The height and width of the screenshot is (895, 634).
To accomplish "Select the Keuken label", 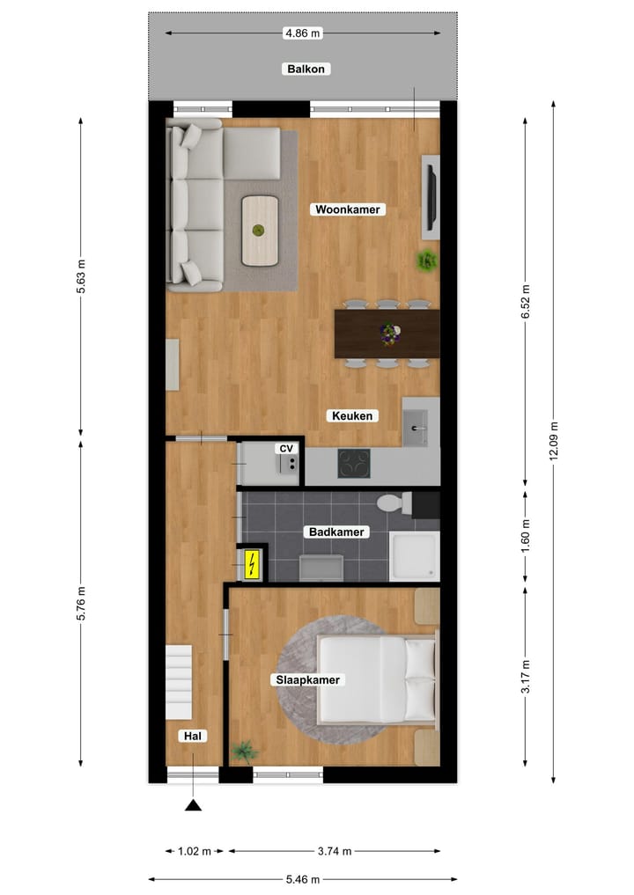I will [x=354, y=416].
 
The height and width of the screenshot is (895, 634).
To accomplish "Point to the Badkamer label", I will [x=335, y=532].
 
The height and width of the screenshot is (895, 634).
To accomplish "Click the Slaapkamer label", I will [x=307, y=679].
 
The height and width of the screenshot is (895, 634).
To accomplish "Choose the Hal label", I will [x=191, y=736].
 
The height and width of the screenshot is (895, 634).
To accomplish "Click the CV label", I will [x=285, y=449].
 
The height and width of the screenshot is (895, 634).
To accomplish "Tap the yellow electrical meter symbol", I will [x=252, y=564].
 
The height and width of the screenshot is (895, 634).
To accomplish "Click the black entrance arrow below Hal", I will [x=193, y=804].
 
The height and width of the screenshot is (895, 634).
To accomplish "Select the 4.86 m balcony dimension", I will [x=303, y=33].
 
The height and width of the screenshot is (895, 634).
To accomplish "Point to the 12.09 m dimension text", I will [x=553, y=447].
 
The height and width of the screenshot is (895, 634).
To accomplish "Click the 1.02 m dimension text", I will [x=194, y=851].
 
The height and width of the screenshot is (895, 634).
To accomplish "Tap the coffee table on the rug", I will [x=260, y=231].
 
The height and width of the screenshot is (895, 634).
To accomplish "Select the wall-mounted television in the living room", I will [x=431, y=197].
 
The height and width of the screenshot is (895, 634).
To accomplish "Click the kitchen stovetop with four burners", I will [x=355, y=463].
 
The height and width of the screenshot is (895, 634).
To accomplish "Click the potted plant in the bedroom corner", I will [x=244, y=751].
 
